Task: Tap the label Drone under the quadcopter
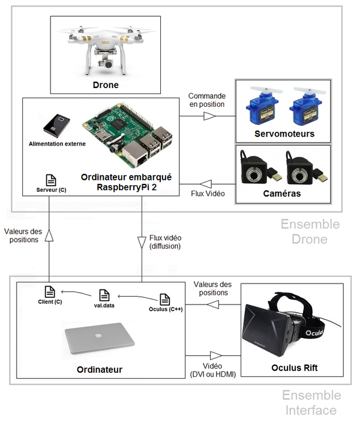[x=106, y=85]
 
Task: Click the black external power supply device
[x=57, y=124]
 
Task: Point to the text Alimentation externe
[x=58, y=144]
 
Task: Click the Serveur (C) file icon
[x=51, y=180]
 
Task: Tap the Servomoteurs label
[x=284, y=134]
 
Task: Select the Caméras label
[x=282, y=194]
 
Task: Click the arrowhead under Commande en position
[x=209, y=116]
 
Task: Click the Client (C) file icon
[x=50, y=291]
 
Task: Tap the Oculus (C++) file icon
[x=165, y=299]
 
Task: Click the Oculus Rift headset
[x=282, y=327]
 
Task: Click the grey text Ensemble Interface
[x=311, y=403]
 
